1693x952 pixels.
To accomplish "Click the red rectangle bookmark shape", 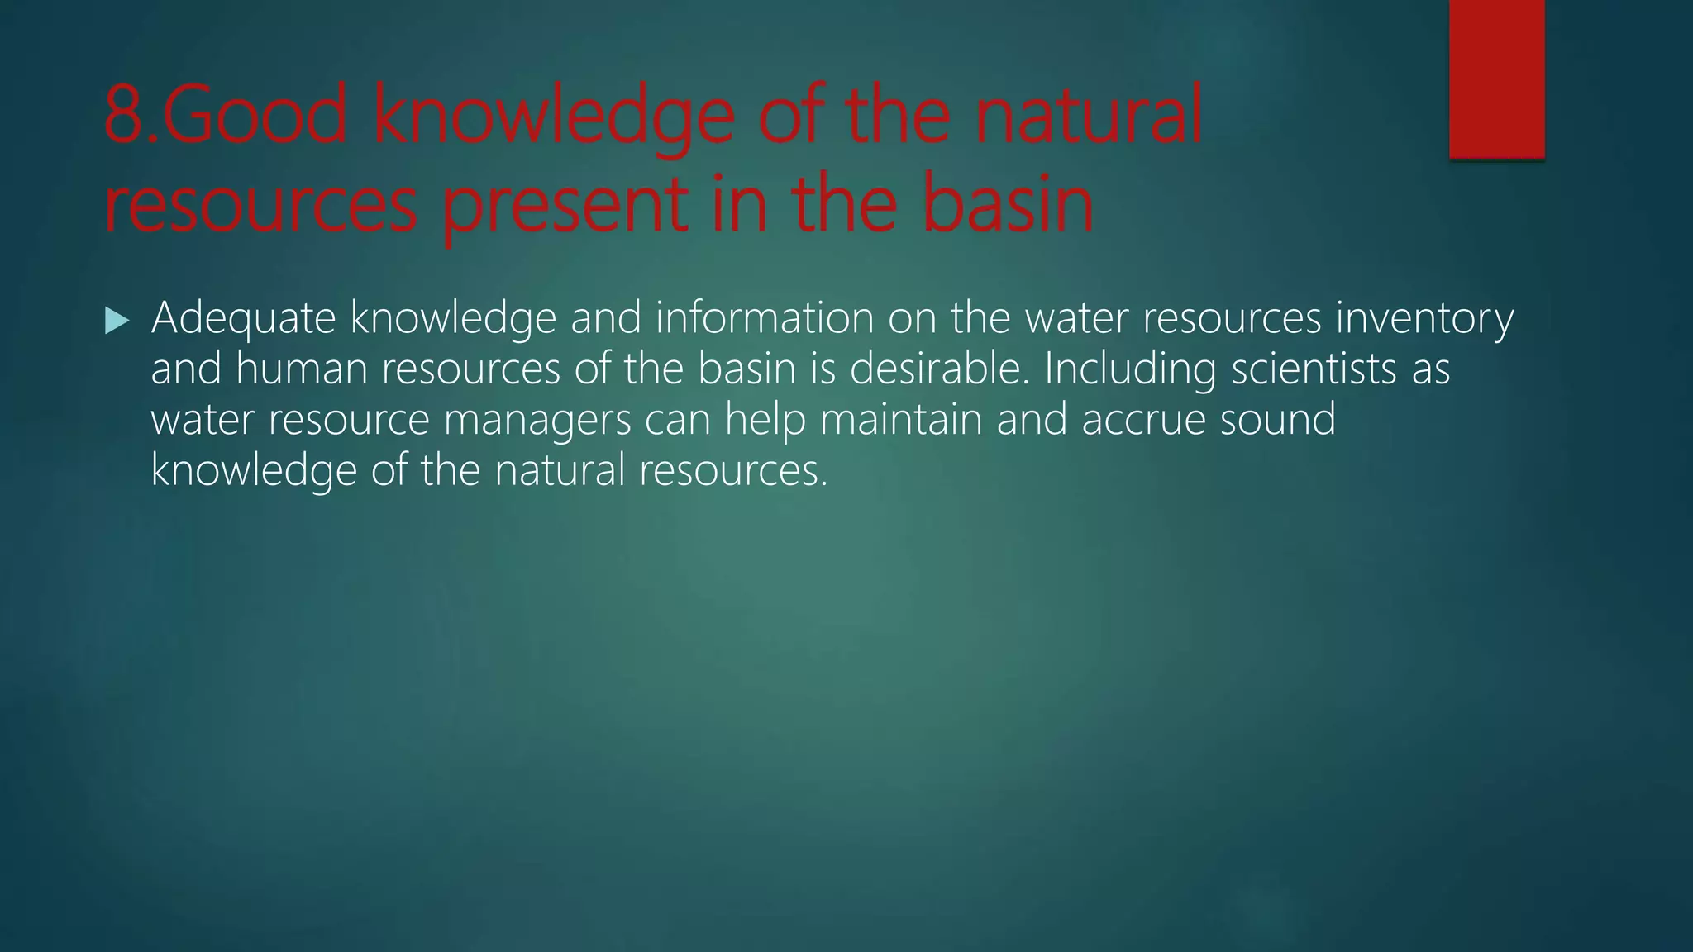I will pyautogui.click(x=1496, y=79).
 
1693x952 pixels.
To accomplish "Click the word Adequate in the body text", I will pyautogui.click(x=243, y=318).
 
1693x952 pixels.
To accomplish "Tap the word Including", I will pyautogui.click(x=1130, y=369).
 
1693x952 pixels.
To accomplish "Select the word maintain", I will pyautogui.click(x=900, y=420).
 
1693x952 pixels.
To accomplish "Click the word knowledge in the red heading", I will pyautogui.click(x=553, y=116).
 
